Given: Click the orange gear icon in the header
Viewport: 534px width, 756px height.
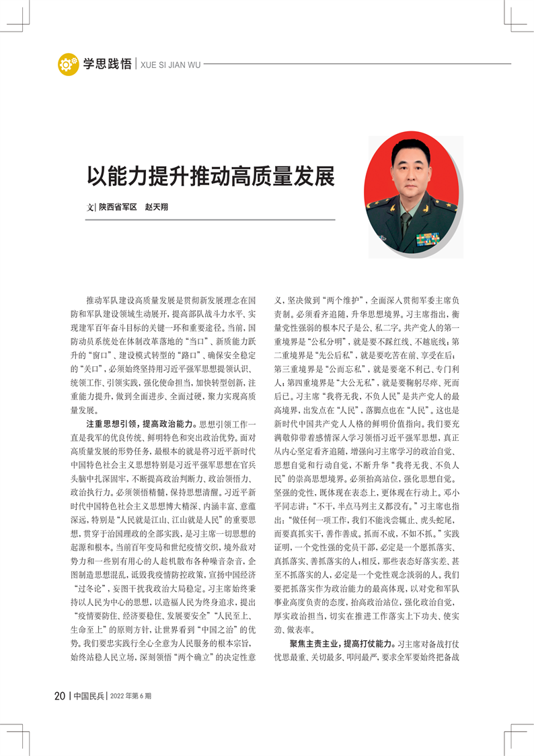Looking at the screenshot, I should pos(68,64).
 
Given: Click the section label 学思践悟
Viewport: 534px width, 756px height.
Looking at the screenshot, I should pos(107,64).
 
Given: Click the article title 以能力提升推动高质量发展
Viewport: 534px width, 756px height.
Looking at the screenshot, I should pos(211,176).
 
